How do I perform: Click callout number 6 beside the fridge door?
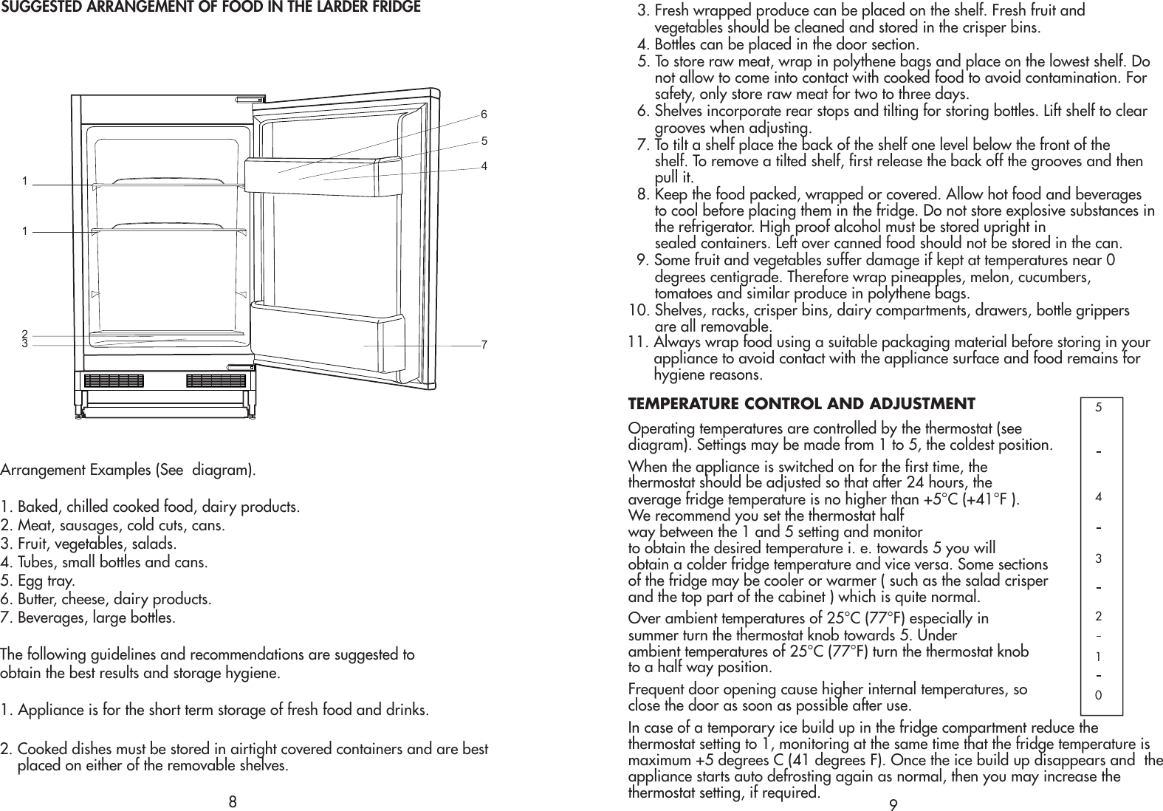click(x=484, y=114)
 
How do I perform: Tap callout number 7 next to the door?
click(x=484, y=345)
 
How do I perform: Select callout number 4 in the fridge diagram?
click(x=484, y=166)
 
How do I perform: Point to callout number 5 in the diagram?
click(x=484, y=140)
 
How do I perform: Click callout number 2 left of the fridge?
click(x=24, y=334)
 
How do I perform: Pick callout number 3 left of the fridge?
click(x=24, y=343)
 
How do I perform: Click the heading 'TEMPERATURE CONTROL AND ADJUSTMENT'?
click(x=801, y=404)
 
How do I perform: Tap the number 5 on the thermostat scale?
click(x=1099, y=406)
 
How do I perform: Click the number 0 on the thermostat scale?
click(x=1099, y=695)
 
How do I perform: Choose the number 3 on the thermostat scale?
click(x=1099, y=558)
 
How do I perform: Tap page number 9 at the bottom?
click(x=893, y=804)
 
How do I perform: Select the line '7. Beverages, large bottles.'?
click(x=88, y=617)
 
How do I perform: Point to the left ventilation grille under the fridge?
click(x=114, y=381)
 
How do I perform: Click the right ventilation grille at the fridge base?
click(x=216, y=381)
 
